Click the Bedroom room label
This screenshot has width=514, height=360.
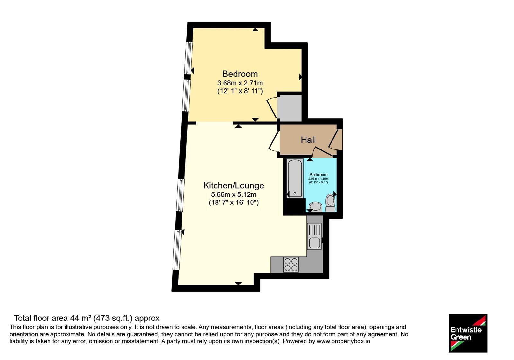click(x=240, y=74)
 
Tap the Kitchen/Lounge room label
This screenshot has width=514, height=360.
click(x=234, y=185)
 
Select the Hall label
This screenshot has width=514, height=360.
click(x=308, y=140)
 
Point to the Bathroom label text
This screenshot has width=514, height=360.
click(x=318, y=175)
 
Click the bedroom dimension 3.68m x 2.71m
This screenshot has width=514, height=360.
click(x=240, y=83)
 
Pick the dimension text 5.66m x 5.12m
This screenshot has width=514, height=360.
click(x=234, y=194)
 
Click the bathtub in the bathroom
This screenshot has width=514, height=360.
click(x=295, y=178)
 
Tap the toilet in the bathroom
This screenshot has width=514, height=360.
click(x=331, y=203)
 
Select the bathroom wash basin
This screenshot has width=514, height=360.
click(x=315, y=206)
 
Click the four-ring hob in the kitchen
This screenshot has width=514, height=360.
click(x=291, y=265)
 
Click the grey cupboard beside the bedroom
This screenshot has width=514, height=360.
click(x=289, y=108)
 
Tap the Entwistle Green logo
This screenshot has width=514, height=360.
click(x=468, y=333)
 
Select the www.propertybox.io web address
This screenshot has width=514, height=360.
click(x=343, y=341)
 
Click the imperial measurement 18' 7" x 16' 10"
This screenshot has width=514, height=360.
click(x=234, y=203)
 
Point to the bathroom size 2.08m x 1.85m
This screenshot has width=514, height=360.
click(x=318, y=179)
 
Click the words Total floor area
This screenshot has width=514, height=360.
click(x=41, y=318)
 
